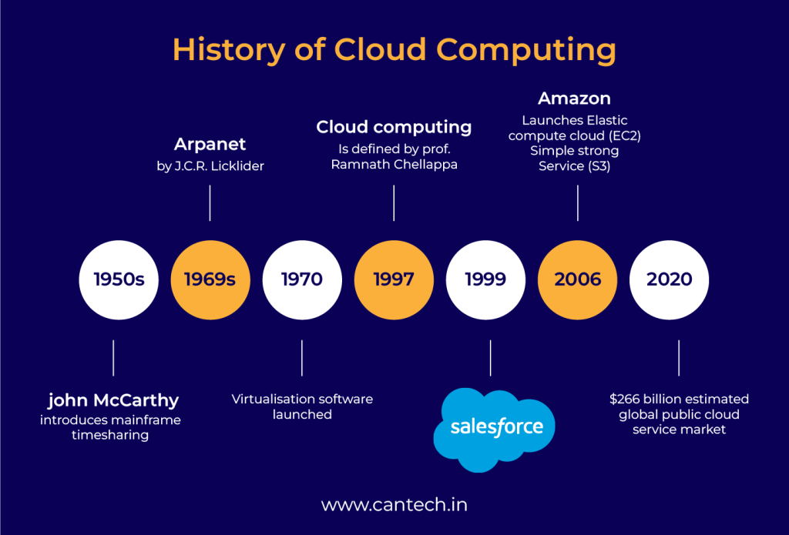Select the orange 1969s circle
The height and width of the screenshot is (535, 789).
(x=210, y=279)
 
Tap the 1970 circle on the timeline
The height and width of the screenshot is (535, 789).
(x=301, y=279)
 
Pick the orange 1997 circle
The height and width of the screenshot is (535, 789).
(x=394, y=279)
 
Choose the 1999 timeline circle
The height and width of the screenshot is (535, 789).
(x=485, y=279)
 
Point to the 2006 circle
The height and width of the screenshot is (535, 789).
(x=578, y=279)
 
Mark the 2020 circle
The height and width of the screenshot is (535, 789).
(x=670, y=279)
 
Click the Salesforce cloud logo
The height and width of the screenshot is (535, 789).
(x=493, y=428)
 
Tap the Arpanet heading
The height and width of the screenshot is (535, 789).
(x=210, y=145)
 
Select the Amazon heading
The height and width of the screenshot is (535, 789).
(x=574, y=99)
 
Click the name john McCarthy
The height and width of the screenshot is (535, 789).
(x=113, y=400)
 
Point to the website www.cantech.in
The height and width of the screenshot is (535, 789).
(x=394, y=505)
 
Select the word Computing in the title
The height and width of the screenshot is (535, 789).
(x=525, y=49)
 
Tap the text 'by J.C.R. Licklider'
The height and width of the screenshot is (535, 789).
(x=210, y=166)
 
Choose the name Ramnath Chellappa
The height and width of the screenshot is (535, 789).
(x=394, y=165)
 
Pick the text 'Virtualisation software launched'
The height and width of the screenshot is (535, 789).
(x=302, y=406)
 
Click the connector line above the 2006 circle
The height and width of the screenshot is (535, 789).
(x=578, y=205)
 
